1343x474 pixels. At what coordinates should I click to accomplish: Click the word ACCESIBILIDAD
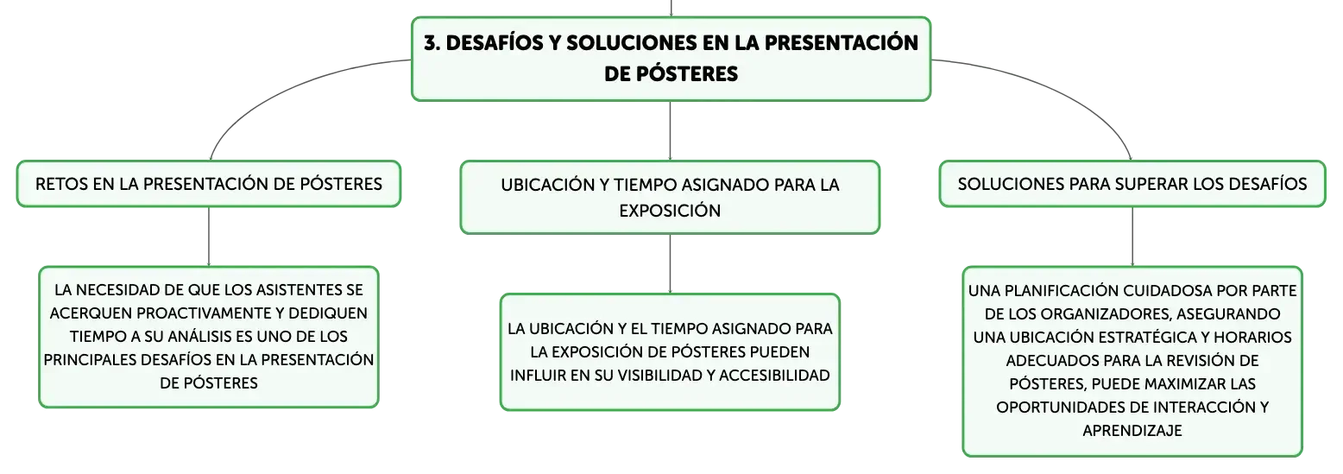pyautogui.click(x=774, y=376)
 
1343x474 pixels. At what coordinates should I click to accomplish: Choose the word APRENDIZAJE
pyautogui.click(x=1132, y=431)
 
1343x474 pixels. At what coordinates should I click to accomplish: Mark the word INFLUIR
pyautogui.click(x=538, y=376)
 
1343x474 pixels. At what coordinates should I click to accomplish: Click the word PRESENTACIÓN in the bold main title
pyautogui.click(x=842, y=42)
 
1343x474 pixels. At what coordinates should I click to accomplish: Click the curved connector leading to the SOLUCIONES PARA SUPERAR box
pyautogui.click(x=1056, y=89)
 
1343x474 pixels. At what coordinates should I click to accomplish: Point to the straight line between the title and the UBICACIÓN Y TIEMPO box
pyautogui.click(x=671, y=130)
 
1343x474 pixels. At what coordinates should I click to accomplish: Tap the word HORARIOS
pyautogui.click(x=1252, y=338)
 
